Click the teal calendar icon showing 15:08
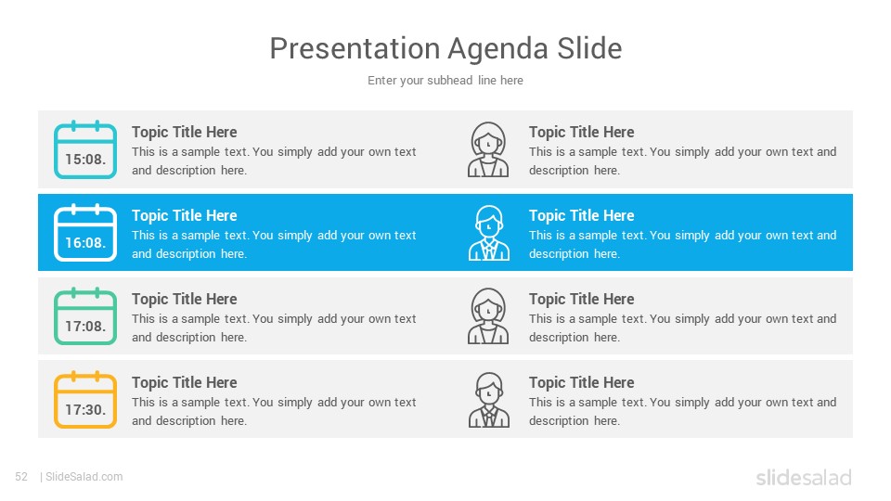pyautogui.click(x=85, y=149)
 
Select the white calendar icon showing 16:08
pyautogui.click(x=85, y=232)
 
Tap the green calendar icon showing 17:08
pyautogui.click(x=85, y=315)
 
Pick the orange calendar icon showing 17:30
pyautogui.click(x=85, y=399)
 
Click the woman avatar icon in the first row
pyautogui.click(x=488, y=149)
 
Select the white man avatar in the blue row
pyautogui.click(x=489, y=233)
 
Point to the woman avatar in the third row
pyautogui.click(x=488, y=316)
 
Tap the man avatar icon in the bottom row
pyautogui.click(x=489, y=400)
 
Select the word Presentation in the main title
pyautogui.click(x=355, y=48)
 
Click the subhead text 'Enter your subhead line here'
pyautogui.click(x=445, y=80)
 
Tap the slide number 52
pyautogui.click(x=21, y=477)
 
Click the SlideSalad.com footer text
pyautogui.click(x=84, y=477)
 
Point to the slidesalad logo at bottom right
pyautogui.click(x=804, y=477)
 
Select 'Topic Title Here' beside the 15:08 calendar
pyautogui.click(x=184, y=132)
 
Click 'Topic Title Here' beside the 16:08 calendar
pyautogui.click(x=184, y=215)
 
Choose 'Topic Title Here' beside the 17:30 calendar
pyautogui.click(x=184, y=382)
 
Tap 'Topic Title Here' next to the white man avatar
pyautogui.click(x=581, y=215)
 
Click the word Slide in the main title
pyautogui.click(x=590, y=48)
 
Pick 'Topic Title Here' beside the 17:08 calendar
pyautogui.click(x=184, y=299)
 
